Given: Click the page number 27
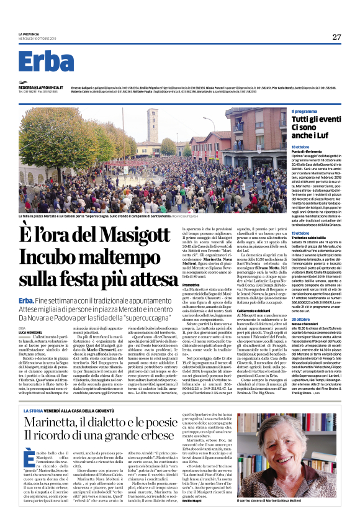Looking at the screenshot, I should point(336,37).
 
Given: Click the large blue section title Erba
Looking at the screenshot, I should point(45,61).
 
